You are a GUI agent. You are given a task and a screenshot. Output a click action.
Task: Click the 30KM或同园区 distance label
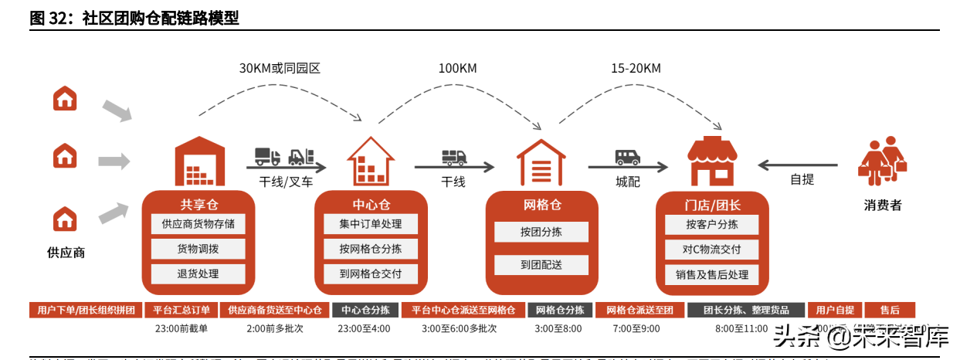280,68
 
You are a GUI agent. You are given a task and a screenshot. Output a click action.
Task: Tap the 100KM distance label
458,68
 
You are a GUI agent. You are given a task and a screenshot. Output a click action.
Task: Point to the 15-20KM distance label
636,68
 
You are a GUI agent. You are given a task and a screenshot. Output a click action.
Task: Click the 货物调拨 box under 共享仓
198,249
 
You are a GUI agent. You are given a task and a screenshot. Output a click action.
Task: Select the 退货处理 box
198,273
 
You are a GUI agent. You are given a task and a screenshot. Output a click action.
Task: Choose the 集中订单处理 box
370,224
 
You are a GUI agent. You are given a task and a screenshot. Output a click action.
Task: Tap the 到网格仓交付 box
370,273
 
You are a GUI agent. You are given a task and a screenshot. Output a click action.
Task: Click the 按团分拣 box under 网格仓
541,232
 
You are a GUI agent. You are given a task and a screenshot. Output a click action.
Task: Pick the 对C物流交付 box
711,249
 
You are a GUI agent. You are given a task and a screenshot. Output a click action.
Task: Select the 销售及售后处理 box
711,273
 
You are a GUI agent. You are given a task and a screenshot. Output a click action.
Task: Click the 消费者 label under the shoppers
883,205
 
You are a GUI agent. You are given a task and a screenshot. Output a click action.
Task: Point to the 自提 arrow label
802,179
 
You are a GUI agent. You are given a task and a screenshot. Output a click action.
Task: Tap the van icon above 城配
627,158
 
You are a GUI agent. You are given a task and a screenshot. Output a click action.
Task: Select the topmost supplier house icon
65,98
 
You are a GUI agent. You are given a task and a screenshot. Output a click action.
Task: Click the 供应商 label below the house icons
66,252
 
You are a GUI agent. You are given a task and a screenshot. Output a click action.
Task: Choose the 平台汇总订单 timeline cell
181,310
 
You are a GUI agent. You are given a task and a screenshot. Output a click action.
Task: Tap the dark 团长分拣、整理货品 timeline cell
746,310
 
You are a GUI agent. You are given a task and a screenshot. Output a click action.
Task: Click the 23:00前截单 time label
181,328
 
